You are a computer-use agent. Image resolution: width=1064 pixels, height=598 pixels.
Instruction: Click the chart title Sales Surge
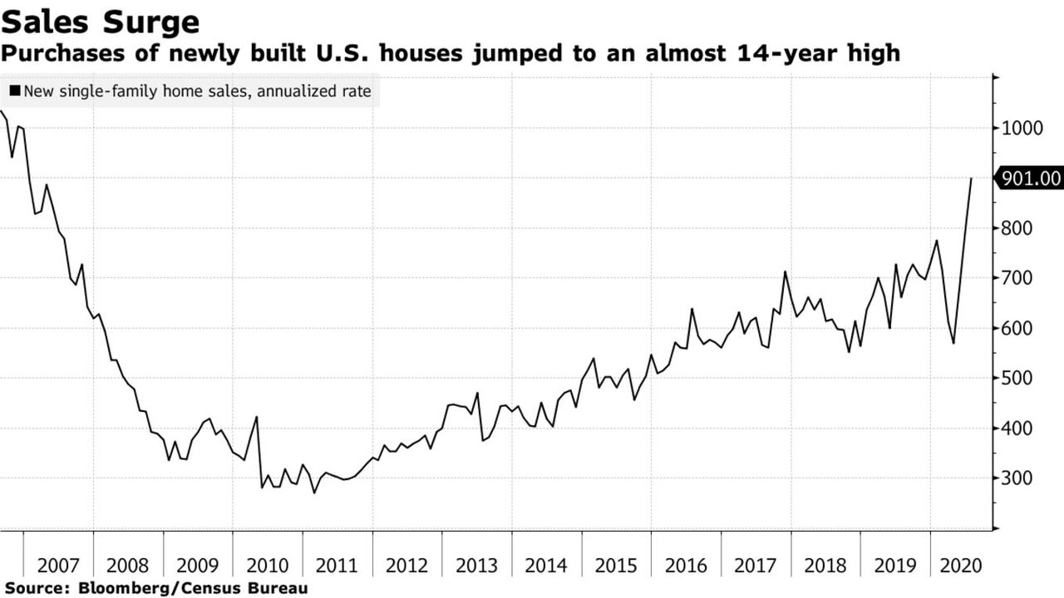[x=100, y=22]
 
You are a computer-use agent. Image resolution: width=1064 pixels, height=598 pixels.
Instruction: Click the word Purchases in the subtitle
[x=52, y=54]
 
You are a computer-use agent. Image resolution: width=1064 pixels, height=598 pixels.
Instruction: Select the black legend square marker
[x=15, y=91]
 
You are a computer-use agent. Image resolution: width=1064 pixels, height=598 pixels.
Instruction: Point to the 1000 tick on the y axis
[x=1021, y=129]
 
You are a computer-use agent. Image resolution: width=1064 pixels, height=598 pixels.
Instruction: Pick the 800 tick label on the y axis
[x=1017, y=228]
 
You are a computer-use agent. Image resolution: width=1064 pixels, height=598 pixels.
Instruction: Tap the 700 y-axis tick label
[x=1017, y=278]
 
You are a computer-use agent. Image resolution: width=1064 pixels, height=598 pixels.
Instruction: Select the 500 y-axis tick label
[x=1017, y=379]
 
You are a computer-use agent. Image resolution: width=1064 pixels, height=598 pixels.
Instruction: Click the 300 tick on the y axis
[x=1017, y=479]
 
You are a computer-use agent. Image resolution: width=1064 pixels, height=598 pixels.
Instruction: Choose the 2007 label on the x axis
[x=58, y=566]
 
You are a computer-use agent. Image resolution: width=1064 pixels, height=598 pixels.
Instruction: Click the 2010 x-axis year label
[x=268, y=566]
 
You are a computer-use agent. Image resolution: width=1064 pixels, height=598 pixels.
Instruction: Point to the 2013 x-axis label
[x=477, y=566]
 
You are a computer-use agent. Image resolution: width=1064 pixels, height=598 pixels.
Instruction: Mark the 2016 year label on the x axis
[x=687, y=566]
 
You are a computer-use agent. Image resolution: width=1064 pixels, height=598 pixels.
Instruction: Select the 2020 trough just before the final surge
[x=953, y=343]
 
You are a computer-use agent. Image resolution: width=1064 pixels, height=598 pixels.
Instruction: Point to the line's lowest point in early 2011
[x=314, y=493]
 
